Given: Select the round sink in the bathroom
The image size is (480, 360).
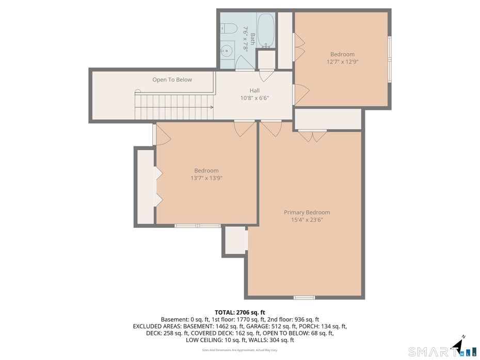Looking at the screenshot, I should (x=227, y=51).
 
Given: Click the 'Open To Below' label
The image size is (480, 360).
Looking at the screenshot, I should (x=172, y=80).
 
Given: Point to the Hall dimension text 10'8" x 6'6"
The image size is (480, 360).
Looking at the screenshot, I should (x=254, y=98).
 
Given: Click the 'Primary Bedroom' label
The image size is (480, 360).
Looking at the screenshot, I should (x=307, y=212).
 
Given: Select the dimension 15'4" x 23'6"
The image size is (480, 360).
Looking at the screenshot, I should (x=307, y=220).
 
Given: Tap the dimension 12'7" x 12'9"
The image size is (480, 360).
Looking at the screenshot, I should (x=342, y=61).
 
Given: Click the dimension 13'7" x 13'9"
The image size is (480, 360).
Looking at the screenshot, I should (x=206, y=178).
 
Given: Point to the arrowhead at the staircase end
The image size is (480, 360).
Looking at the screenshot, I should (x=212, y=107).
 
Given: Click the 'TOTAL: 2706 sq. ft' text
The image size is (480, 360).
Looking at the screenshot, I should (x=239, y=312).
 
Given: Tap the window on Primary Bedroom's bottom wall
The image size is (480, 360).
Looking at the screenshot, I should (x=304, y=298).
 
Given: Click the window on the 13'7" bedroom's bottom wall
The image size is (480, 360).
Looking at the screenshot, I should (x=198, y=226).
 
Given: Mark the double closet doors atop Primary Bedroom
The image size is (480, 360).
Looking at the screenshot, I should (x=313, y=136).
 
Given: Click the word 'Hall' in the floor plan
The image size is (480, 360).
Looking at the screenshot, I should (x=254, y=90).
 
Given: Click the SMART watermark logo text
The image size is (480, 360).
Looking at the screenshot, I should (x=429, y=352).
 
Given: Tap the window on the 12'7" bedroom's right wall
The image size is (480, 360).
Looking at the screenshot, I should (x=390, y=59).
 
